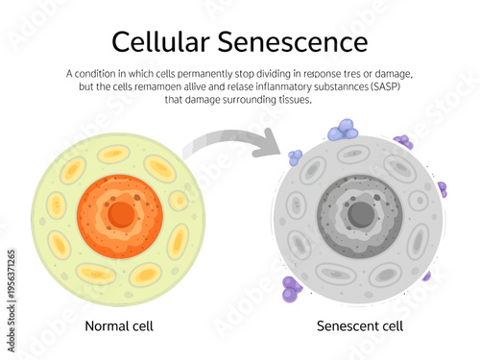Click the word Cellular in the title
pyautogui.click(x=158, y=42)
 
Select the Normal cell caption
pyautogui.click(x=119, y=326)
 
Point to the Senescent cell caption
pyautogui.click(x=360, y=326)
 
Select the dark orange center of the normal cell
pyautogui.click(x=121, y=215)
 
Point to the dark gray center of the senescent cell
pyautogui.click(x=360, y=215)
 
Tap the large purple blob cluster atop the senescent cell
pyautogui.click(x=342, y=131)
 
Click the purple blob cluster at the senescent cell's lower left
pyautogui.click(x=290, y=288)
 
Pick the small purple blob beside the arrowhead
pyautogui.click(x=295, y=156)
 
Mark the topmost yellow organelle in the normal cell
pyautogui.click(x=115, y=154)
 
